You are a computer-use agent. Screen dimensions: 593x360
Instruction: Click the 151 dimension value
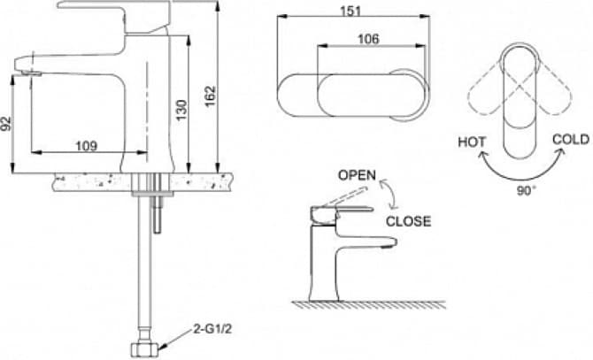click(x=351, y=11)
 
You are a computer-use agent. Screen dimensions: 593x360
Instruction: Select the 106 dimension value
click(x=368, y=39)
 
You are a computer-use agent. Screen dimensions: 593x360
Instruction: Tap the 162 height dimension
click(x=210, y=96)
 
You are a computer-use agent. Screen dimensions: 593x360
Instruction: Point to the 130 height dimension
click(x=181, y=110)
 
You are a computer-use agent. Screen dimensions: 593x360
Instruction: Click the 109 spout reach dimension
click(x=87, y=145)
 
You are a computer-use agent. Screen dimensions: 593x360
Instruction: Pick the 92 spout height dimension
click(x=5, y=123)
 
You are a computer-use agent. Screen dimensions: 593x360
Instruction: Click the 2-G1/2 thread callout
click(x=212, y=329)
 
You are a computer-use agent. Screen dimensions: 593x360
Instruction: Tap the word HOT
click(x=472, y=142)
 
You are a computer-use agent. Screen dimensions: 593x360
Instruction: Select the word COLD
click(x=571, y=140)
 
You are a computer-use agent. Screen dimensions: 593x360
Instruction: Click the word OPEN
click(x=357, y=175)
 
